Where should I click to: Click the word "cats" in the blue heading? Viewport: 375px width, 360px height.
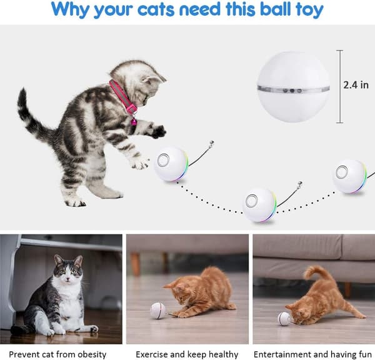156,9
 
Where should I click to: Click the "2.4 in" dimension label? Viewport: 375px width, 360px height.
356,85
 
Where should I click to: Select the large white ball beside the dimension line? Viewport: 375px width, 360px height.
293,87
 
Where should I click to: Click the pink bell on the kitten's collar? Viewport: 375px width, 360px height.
134,122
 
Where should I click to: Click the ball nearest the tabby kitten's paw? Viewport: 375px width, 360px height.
171,164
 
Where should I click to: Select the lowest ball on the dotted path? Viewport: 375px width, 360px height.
259,205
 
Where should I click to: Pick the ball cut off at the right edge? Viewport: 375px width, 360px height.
349,176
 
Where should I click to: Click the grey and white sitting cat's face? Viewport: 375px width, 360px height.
68,270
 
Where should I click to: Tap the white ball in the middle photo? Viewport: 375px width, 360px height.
157,311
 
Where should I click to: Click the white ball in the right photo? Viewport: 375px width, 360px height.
284,318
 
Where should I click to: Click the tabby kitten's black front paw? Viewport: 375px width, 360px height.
159,131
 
